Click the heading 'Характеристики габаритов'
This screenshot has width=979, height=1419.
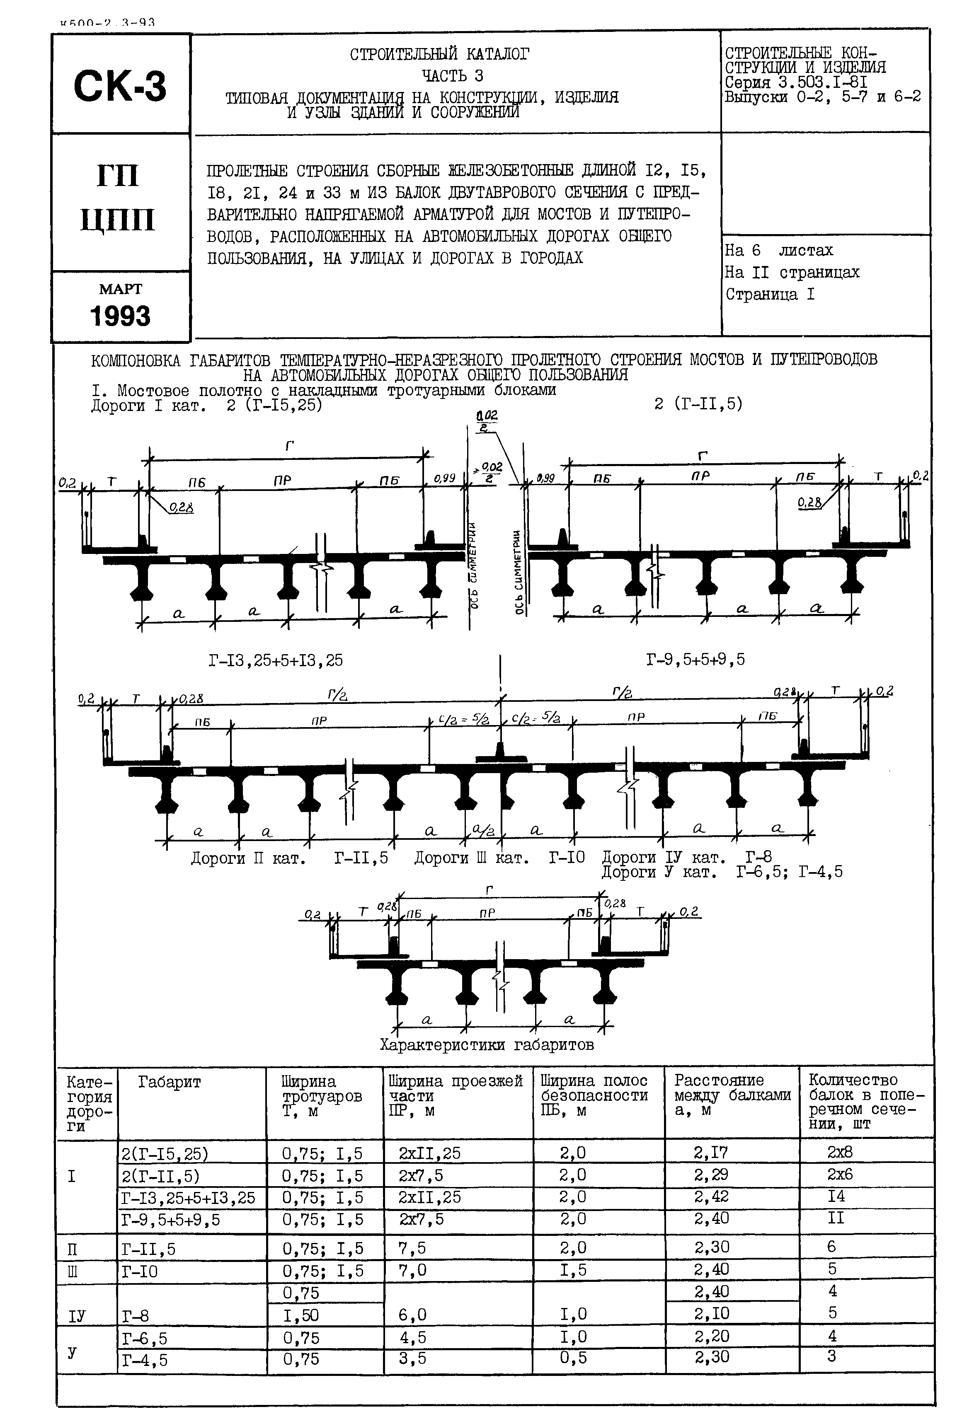(x=487, y=1044)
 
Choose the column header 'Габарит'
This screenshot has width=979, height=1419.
(x=169, y=1082)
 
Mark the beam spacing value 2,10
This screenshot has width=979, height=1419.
(x=712, y=1313)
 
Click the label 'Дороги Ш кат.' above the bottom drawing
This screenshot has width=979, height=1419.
(x=471, y=858)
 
